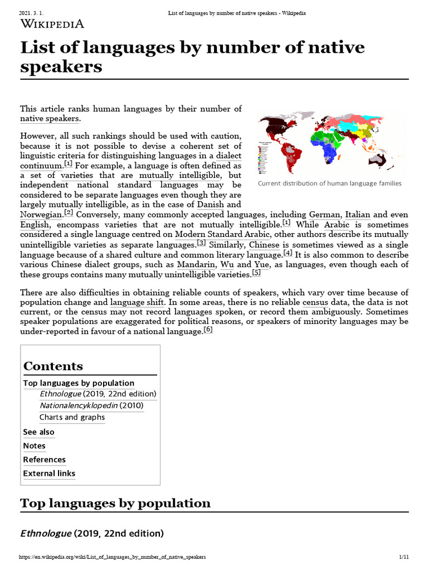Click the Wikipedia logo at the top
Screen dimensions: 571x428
tap(52, 23)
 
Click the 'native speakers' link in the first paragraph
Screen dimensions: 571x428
tap(50, 118)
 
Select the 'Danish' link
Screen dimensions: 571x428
tap(211, 205)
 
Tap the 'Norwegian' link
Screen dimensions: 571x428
tap(41, 215)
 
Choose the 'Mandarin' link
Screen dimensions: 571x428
tap(196, 264)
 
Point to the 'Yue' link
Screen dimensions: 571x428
tap(261, 264)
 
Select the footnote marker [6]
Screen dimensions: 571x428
tap(208, 330)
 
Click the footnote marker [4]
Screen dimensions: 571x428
tap(288, 254)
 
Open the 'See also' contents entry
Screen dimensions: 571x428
tap(38, 432)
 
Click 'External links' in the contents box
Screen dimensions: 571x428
tap(49, 473)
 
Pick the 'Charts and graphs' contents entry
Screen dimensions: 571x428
tap(72, 417)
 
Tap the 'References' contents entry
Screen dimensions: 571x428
tap(44, 459)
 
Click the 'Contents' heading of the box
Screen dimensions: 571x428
tap(53, 366)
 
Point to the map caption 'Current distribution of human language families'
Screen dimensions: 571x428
tap(329, 183)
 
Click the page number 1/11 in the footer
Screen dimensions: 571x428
tap(404, 557)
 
